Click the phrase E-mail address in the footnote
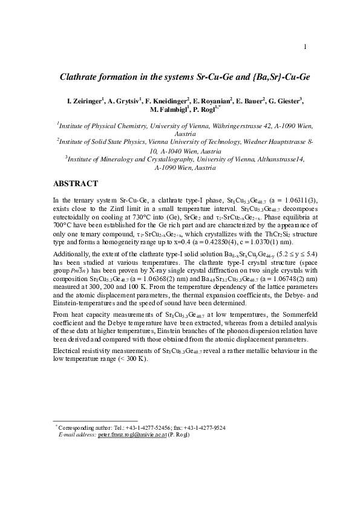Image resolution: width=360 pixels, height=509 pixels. click(77, 435)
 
